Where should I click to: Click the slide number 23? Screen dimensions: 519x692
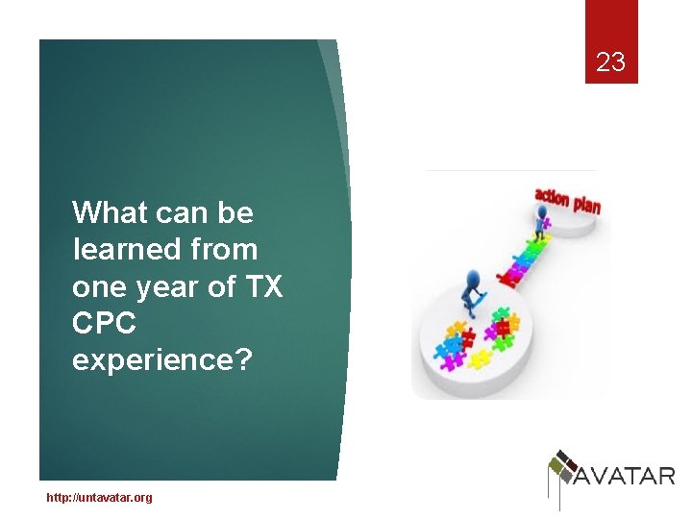[610, 63]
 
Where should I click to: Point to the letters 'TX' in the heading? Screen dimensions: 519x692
[261, 286]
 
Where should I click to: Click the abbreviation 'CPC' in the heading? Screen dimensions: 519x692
[104, 324]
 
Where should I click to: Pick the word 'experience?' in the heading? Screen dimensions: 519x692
[161, 360]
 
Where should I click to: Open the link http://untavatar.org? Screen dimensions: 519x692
[99, 497]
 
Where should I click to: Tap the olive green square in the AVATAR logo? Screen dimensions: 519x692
[556, 468]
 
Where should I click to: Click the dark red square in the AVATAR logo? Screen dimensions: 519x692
[567, 457]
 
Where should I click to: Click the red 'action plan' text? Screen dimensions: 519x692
[567, 201]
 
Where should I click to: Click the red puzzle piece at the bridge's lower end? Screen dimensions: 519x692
[510, 279]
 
